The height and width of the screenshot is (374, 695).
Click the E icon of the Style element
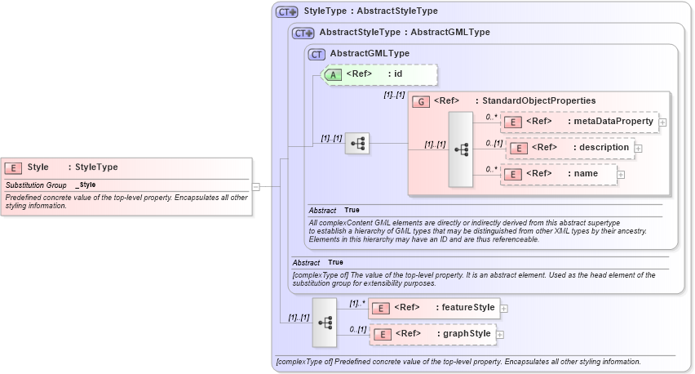pyautogui.click(x=13, y=167)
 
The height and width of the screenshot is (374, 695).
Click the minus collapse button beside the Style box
pyautogui.click(x=255, y=186)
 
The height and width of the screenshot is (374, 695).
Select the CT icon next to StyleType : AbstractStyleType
pyautogui.click(x=287, y=11)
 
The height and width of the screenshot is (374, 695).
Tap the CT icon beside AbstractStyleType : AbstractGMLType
pyautogui.click(x=303, y=33)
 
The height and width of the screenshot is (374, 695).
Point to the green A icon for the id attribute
pyautogui.click(x=334, y=74)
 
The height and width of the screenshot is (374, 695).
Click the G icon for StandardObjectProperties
pyautogui.click(x=421, y=101)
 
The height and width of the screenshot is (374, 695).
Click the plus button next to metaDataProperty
pyautogui.click(x=662, y=122)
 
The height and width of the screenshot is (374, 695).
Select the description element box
pyautogui.click(x=570, y=148)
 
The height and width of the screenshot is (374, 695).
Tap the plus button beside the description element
pyautogui.click(x=638, y=149)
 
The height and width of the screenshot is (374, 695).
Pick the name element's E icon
pyautogui.click(x=511, y=174)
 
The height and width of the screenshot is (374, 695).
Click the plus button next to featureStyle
pyautogui.click(x=503, y=309)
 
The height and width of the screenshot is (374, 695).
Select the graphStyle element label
pyautogui.click(x=466, y=334)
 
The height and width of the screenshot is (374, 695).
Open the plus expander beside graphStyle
pyautogui.click(x=500, y=335)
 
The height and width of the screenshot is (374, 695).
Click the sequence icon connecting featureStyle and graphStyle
pyautogui.click(x=325, y=322)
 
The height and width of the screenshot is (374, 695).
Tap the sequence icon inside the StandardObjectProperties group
pyautogui.click(x=461, y=149)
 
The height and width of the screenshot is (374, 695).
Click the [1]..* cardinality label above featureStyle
pyautogui.click(x=356, y=303)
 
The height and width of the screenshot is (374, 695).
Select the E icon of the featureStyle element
pyautogui.click(x=379, y=308)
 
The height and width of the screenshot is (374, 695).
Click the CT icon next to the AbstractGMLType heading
pyautogui.click(x=317, y=54)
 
